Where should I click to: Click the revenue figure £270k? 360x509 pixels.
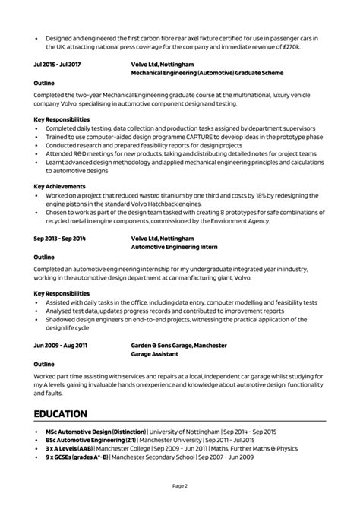[x=289, y=47]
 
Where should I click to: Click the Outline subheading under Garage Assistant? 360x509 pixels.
[x=44, y=364]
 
